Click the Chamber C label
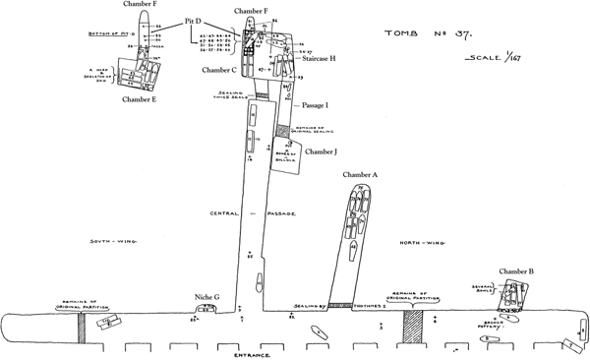click(219, 70)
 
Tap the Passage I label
click(314, 103)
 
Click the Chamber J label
click(321, 152)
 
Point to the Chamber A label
click(361, 175)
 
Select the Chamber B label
click(516, 270)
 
